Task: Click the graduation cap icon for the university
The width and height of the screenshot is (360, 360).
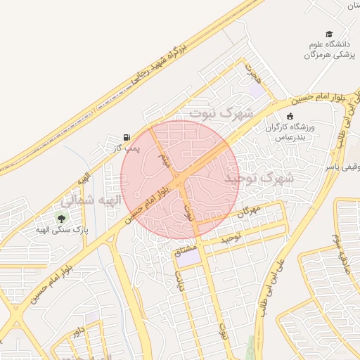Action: click(329, 34)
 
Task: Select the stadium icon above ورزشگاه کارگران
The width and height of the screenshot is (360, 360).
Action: click(290, 116)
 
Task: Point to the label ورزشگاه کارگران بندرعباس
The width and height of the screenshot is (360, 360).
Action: click(291, 131)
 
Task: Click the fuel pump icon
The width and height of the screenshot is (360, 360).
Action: click(127, 136)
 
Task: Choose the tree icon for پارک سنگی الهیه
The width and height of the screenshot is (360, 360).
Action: click(60, 218)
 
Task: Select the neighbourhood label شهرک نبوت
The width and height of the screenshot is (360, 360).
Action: click(215, 112)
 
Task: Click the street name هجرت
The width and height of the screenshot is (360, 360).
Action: click(253, 72)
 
